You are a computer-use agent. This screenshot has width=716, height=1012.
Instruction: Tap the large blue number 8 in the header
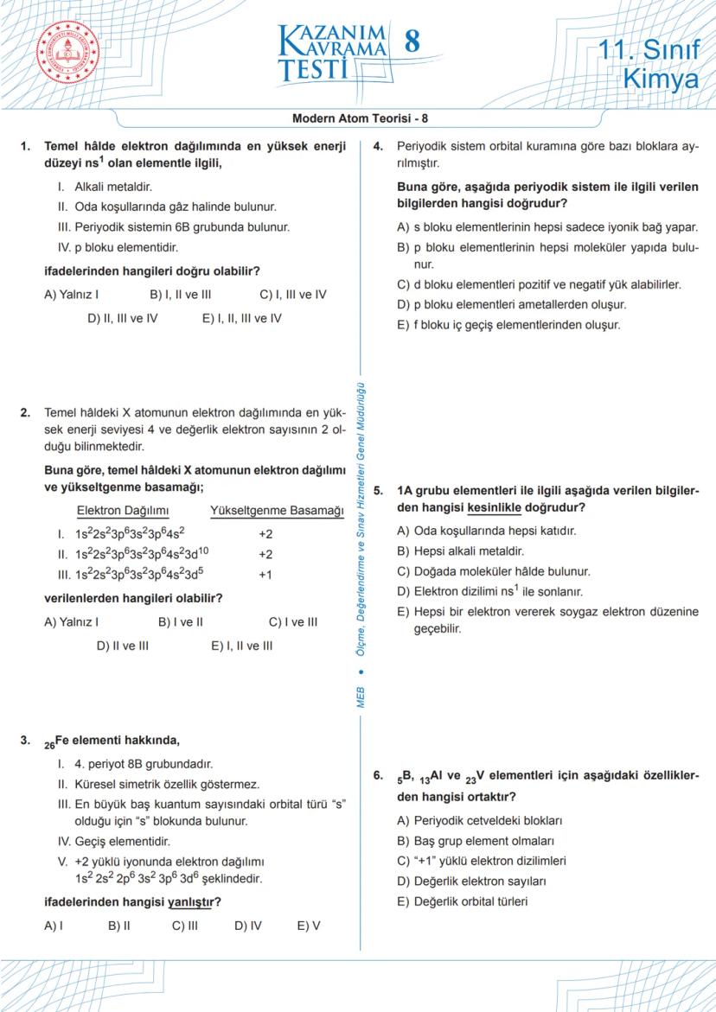[x=412, y=42]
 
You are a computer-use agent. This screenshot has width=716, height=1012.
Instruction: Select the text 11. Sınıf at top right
[x=649, y=50]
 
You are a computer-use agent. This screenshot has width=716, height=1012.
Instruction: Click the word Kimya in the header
[x=661, y=80]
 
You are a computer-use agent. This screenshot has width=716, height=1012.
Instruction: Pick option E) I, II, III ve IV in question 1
[x=242, y=318]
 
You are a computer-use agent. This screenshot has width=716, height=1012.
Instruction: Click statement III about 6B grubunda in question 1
[x=173, y=227]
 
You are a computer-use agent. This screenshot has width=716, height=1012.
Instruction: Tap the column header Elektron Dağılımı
[x=123, y=511]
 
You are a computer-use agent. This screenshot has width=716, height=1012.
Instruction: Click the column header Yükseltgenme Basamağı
[x=277, y=511]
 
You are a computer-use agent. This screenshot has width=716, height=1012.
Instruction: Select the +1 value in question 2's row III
[x=265, y=575]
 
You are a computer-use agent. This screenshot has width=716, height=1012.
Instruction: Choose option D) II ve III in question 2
[x=122, y=646]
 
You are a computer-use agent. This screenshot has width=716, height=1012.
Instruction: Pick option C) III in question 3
[x=184, y=926]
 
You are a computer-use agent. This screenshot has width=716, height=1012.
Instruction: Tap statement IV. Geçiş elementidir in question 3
[x=114, y=841]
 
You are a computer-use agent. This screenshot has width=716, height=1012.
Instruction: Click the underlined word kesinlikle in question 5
[x=494, y=507]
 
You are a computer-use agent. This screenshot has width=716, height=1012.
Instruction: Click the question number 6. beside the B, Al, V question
[x=379, y=775]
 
